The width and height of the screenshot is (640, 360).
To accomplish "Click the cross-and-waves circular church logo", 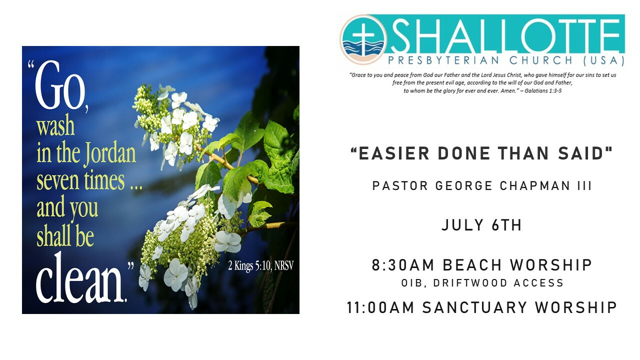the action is click(x=363, y=39).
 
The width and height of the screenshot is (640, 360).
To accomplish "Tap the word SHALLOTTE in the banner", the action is click(x=506, y=35).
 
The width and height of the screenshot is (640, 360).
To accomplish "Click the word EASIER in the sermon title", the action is click(x=394, y=153).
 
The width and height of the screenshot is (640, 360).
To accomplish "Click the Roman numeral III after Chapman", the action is click(x=584, y=186).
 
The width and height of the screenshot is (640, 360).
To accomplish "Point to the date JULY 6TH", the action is click(x=481, y=225).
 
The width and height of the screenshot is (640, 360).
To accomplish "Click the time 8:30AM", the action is click(x=403, y=265).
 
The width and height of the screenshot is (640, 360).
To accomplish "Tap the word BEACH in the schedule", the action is click(x=472, y=265).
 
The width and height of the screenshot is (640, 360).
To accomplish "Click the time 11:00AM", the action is click(x=380, y=308).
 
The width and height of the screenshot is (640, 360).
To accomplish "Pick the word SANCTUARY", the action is click(x=474, y=308).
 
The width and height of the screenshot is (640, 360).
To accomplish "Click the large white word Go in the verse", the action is click(x=60, y=85).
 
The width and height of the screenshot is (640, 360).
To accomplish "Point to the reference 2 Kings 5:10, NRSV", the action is click(x=260, y=265).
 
